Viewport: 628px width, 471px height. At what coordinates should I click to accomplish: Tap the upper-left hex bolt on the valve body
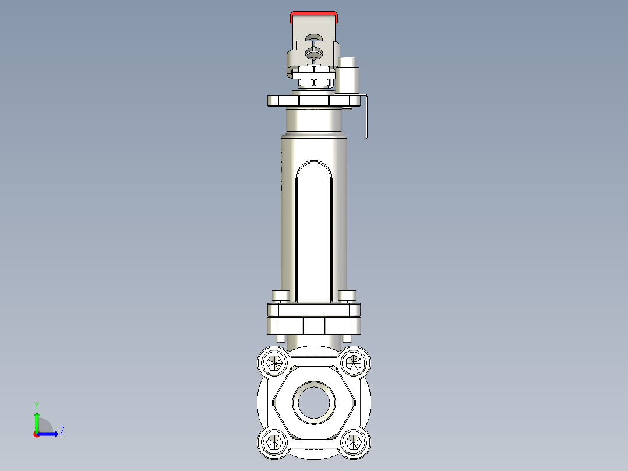pos(273,364)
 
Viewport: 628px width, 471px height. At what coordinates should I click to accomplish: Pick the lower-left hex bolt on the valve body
pos(273,442)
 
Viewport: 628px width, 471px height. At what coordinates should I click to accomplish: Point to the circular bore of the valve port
pos(314,401)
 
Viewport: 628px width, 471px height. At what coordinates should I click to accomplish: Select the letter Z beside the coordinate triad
pos(62,431)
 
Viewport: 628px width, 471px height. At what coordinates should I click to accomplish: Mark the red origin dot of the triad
pos(36,434)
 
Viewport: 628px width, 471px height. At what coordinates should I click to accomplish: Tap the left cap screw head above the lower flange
pos(281,296)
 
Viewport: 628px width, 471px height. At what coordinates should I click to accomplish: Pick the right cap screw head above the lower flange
pos(347,296)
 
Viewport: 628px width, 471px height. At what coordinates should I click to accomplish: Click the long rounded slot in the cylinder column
pos(314,233)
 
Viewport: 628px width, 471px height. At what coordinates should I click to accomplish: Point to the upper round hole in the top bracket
pos(315,40)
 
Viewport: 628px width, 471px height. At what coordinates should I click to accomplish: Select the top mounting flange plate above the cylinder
pos(314,101)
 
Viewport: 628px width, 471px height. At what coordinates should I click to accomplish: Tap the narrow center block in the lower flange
pos(314,325)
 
